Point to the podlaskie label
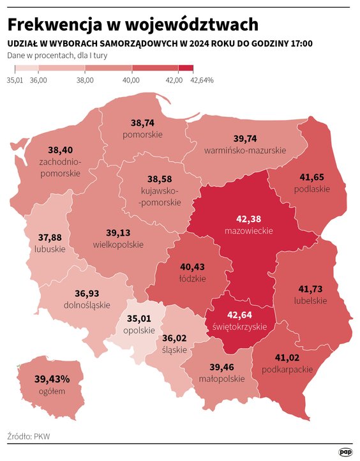pyautogui.click(x=312, y=189)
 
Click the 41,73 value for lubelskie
pyautogui.click(x=311, y=289)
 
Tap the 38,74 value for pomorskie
pyautogui.click(x=143, y=123)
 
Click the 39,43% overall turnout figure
pyautogui.click(x=52, y=379)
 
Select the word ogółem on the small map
pyautogui.click(x=52, y=391)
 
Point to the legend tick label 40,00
pyautogui.click(x=131, y=80)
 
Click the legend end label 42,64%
pyautogui.click(x=202, y=80)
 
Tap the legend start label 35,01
pyautogui.click(x=15, y=80)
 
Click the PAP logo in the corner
pyautogui.click(x=345, y=451)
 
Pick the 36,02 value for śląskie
pyautogui.click(x=174, y=338)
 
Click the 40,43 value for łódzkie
pyautogui.click(x=193, y=267)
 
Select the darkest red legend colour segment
pyautogui.click(x=186, y=68)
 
